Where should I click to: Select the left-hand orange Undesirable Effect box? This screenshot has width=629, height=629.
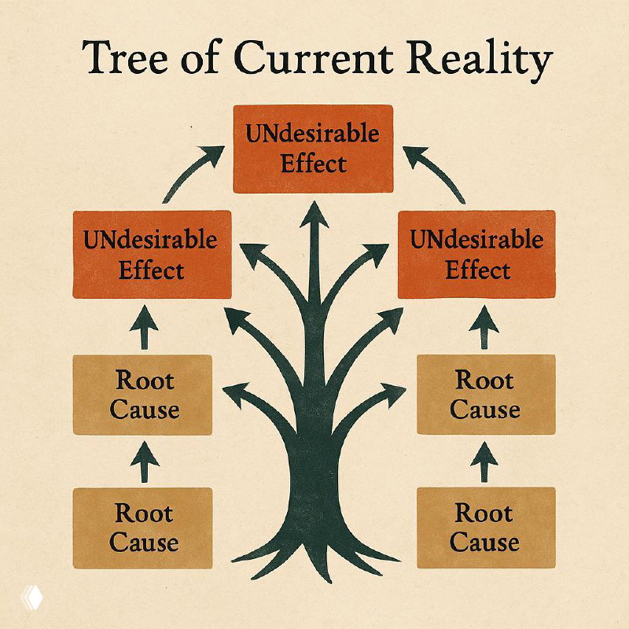(152, 254)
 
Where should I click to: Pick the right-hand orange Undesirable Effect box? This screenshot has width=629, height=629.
(476, 254)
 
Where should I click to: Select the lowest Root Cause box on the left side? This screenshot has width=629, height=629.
(142, 528)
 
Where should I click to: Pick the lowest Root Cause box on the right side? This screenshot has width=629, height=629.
(485, 528)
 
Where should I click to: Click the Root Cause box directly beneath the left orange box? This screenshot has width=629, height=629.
(142, 395)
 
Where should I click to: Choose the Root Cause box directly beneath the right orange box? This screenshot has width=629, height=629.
(485, 395)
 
